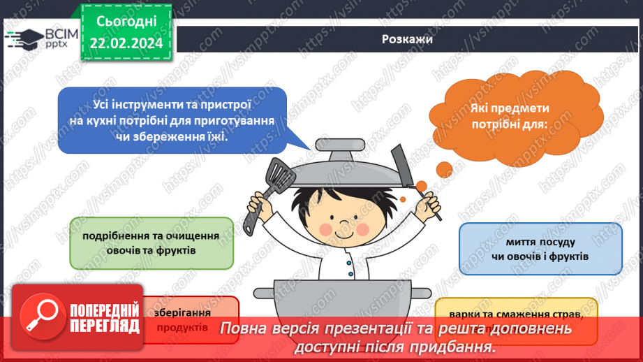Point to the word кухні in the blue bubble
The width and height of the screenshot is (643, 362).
(105, 120)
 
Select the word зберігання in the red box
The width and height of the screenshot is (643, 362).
(177, 313)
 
